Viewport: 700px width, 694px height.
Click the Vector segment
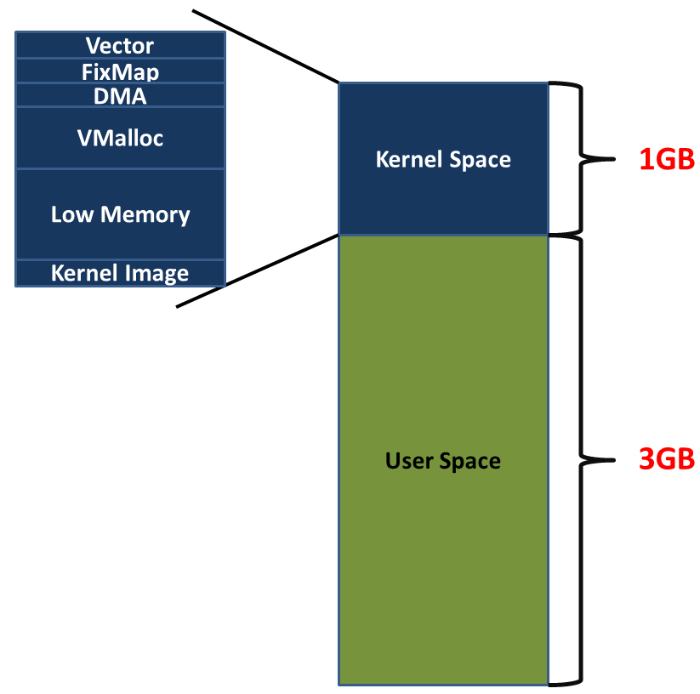point(120,45)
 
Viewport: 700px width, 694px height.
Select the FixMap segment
point(120,71)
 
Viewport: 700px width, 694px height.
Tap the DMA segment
point(120,96)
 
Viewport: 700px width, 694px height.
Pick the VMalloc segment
point(120,137)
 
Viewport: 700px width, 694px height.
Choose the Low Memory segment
point(120,213)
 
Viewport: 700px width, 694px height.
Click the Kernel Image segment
point(120,273)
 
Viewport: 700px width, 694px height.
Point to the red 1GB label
point(667,159)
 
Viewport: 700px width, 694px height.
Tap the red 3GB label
point(667,460)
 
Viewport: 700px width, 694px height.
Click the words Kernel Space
point(443,159)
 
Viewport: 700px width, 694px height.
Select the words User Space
point(443,461)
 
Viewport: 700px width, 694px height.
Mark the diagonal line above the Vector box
point(265,47)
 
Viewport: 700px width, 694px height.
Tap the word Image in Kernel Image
point(161,273)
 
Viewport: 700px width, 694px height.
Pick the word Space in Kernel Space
point(480,159)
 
